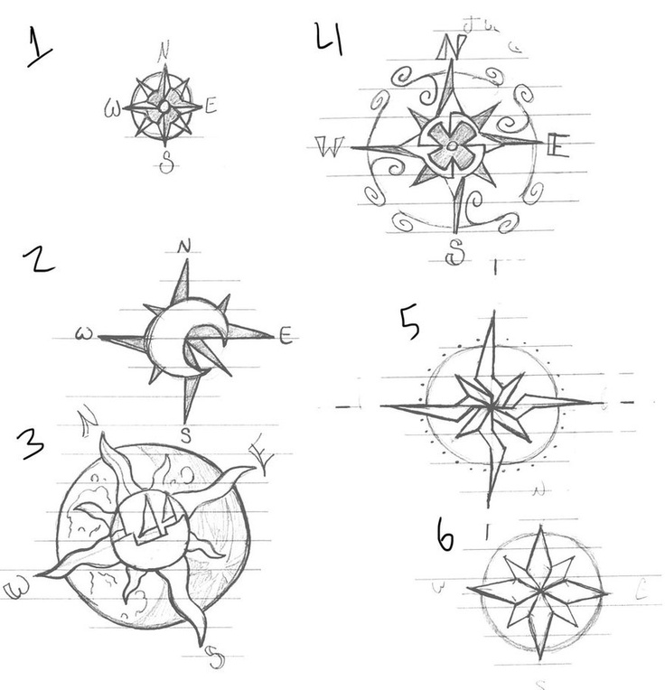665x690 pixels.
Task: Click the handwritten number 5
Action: click(x=408, y=323)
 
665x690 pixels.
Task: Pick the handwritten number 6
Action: click(x=445, y=537)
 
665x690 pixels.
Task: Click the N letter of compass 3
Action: click(x=88, y=418)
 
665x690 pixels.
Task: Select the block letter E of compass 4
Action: click(x=557, y=144)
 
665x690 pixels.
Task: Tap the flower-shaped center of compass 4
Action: click(x=451, y=144)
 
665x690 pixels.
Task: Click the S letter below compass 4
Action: click(x=457, y=253)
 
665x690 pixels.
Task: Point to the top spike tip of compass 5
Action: click(x=494, y=313)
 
